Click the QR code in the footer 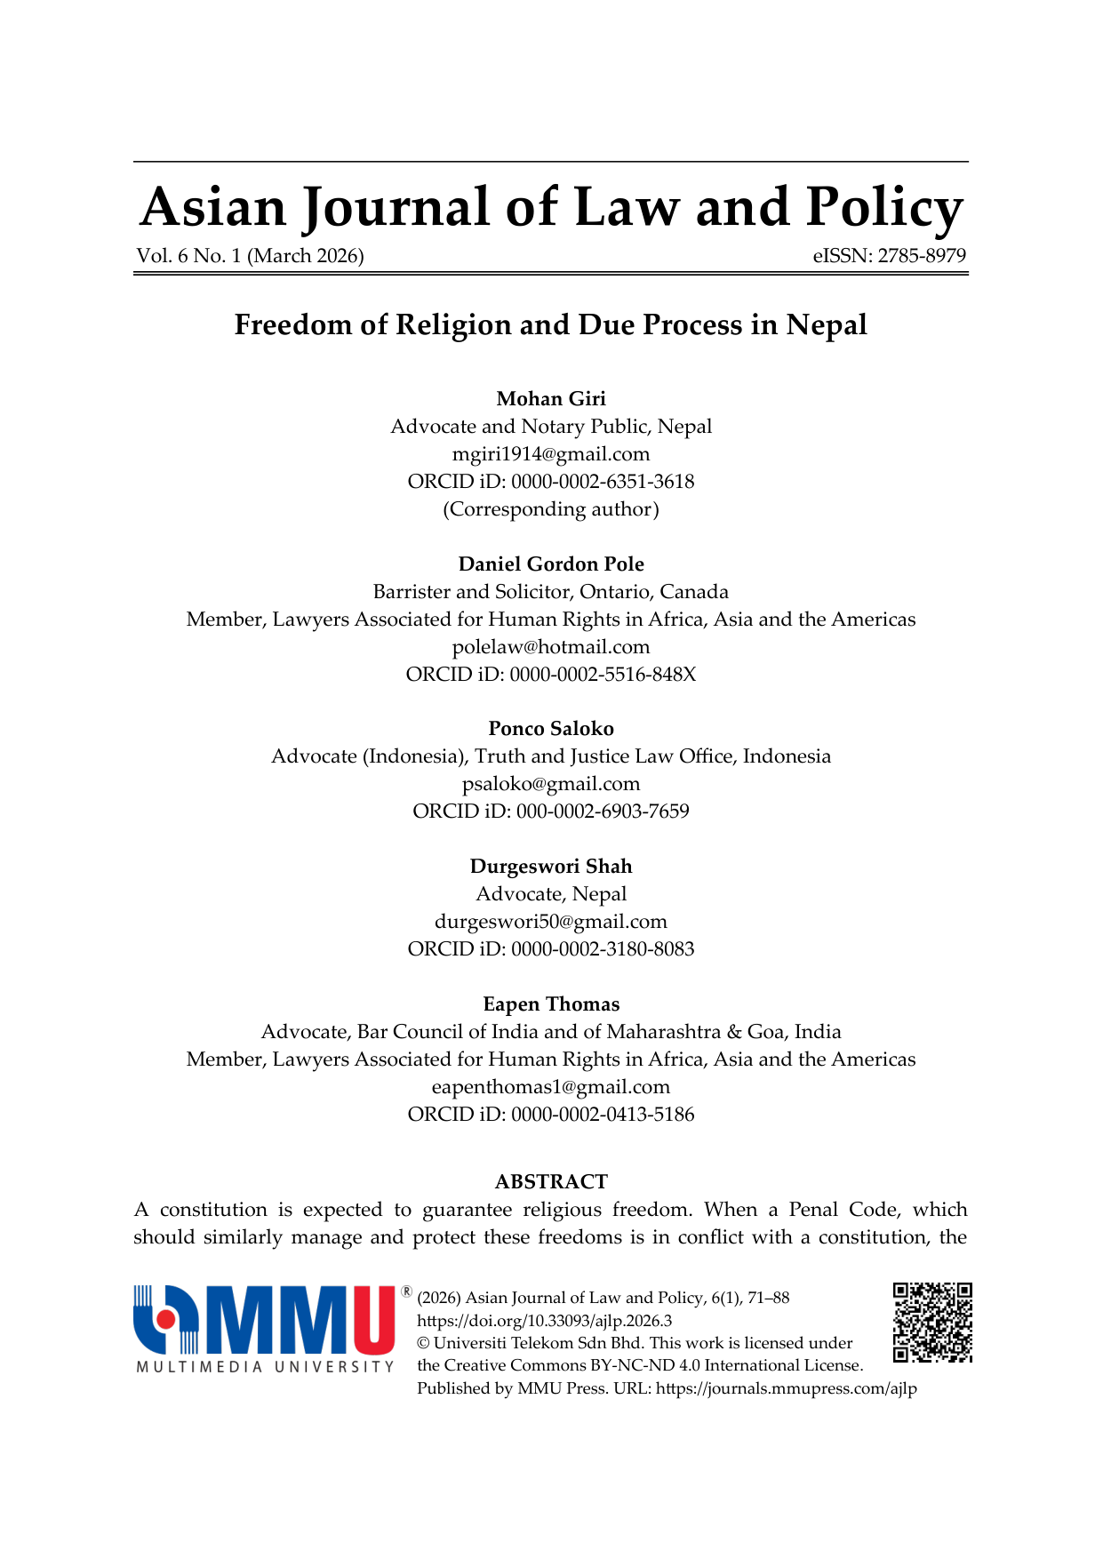[932, 1322]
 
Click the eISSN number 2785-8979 [922, 256]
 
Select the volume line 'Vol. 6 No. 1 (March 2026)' [250, 256]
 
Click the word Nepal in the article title [827, 325]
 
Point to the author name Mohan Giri [551, 398]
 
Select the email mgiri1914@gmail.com [551, 454]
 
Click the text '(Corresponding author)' [551, 509]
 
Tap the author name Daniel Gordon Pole [551, 564]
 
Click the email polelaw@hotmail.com [551, 647]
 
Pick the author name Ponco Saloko [551, 729]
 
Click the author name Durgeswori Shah [551, 867]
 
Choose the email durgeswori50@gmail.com [551, 922]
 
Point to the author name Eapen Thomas [551, 1004]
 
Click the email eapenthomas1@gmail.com [551, 1087]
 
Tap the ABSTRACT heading [551, 1182]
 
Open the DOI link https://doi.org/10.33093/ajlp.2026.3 [544, 1321]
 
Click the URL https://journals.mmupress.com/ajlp [786, 1388]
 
